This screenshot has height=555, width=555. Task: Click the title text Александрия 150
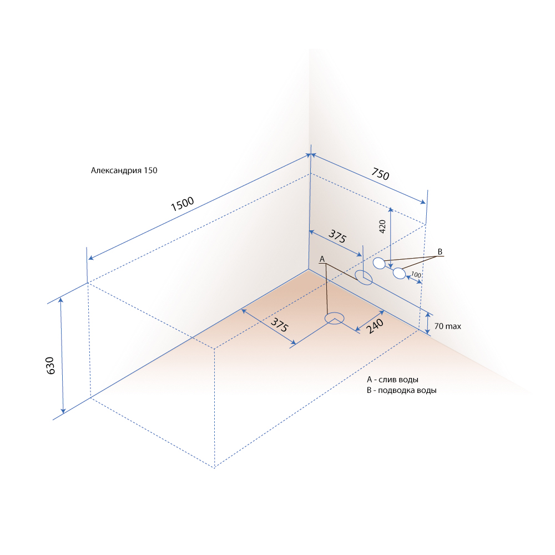pos(124,170)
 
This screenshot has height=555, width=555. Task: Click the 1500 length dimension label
pos(182,204)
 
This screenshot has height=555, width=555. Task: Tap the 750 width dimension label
pos(381,174)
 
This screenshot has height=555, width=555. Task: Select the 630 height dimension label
pos(51,366)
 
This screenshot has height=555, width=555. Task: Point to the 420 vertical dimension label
pos(382,226)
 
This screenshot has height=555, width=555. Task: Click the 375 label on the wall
pos(337,236)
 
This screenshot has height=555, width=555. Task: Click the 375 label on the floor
pos(280,325)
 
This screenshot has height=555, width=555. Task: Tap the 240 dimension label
pos(375,326)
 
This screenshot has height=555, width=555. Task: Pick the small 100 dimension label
pos(416,274)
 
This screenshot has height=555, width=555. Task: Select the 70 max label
pos(448,326)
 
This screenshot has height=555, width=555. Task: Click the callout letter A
pos(322,259)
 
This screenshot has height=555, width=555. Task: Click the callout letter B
pos(440,251)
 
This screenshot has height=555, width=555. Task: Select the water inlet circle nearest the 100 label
pos(399,273)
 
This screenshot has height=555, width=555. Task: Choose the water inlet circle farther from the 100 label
pos(379,263)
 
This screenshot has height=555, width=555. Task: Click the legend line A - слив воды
pos(392,380)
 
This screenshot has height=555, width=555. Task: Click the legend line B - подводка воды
pos(401,390)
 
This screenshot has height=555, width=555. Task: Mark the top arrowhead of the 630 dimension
pos(60,300)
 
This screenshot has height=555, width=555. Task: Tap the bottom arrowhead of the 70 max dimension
pos(427,331)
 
